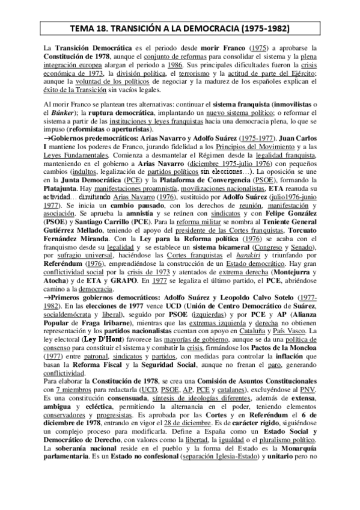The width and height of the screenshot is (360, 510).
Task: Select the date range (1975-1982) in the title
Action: [258, 28]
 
